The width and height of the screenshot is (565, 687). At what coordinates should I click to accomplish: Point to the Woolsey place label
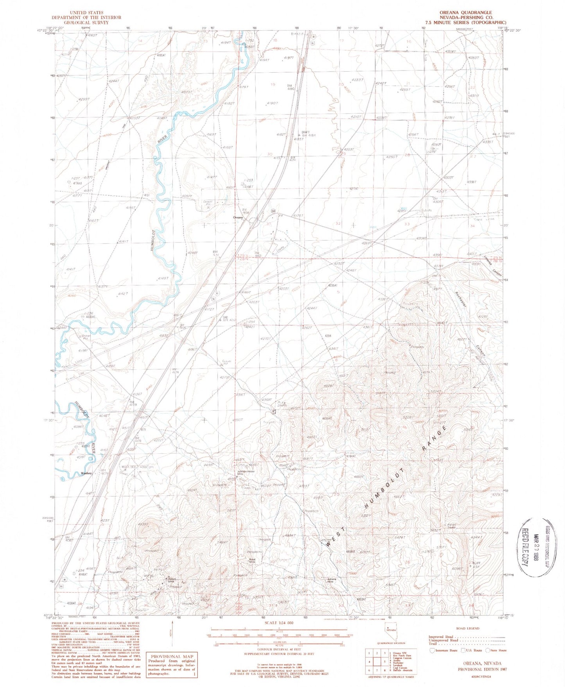[x=86, y=473]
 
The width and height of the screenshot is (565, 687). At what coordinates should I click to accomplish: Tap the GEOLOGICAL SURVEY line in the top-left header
[x=86, y=22]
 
